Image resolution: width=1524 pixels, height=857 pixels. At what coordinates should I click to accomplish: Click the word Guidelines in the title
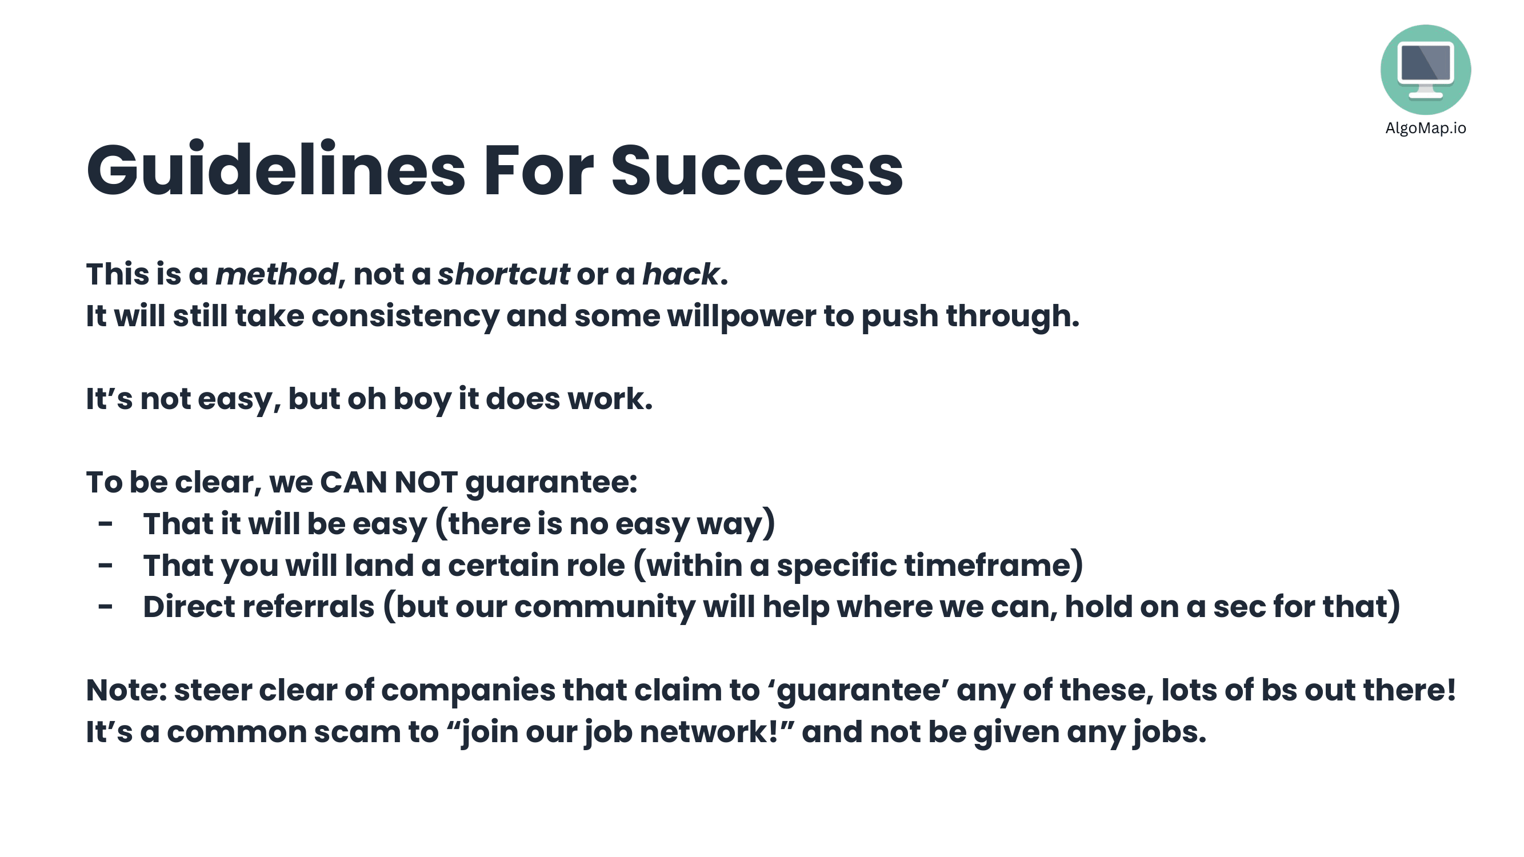pos(275,169)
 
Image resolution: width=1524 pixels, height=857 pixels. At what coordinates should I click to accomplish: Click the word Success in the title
pos(757,170)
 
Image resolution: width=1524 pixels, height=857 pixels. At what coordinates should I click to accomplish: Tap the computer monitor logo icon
pos(1425,70)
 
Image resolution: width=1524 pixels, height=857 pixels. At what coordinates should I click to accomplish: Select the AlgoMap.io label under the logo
pos(1425,129)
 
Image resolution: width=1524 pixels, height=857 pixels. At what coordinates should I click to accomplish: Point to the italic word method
pos(276,274)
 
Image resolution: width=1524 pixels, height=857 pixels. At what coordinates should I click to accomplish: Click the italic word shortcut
pos(503,274)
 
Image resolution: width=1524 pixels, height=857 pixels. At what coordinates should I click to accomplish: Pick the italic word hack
pos(681,274)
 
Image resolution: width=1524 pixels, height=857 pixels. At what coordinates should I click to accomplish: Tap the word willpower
pos(741,317)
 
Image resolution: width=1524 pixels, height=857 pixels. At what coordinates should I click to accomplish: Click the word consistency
pos(405,317)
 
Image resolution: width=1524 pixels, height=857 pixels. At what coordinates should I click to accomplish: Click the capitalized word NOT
pos(426,482)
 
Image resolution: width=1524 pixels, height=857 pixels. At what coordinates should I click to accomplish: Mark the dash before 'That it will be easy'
pos(105,523)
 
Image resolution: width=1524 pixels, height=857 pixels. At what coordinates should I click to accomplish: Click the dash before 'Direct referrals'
pos(105,606)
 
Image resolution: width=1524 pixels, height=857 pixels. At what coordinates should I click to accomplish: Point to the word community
pos(605,607)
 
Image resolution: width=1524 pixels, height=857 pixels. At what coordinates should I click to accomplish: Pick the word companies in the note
pos(468,691)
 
